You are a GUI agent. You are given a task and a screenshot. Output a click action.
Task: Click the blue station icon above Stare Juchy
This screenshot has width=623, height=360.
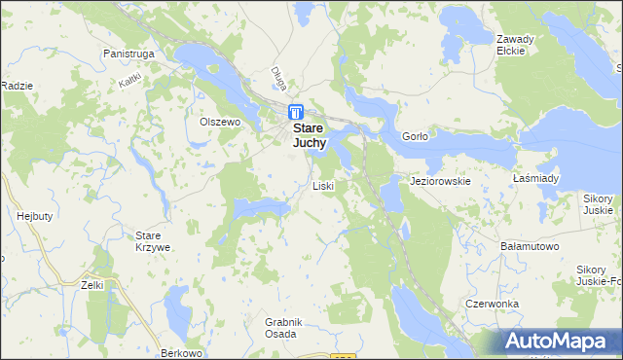[x=295, y=113]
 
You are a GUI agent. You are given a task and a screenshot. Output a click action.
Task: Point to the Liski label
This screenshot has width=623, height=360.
[x=323, y=185]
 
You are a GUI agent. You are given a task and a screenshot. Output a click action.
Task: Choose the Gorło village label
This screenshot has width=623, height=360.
[x=414, y=137]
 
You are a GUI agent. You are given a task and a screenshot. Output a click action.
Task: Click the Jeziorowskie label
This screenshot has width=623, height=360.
[x=441, y=181]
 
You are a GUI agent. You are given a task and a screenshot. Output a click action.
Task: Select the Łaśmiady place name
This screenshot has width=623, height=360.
[x=535, y=179]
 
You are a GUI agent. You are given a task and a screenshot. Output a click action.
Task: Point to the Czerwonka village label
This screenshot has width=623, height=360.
[x=493, y=304]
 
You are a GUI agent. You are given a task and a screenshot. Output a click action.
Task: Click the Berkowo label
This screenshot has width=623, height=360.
[x=185, y=351]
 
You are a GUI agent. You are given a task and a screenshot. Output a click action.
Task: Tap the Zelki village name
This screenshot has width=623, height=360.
[x=93, y=285]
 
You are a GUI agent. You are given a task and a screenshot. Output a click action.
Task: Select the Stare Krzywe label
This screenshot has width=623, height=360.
[x=153, y=241]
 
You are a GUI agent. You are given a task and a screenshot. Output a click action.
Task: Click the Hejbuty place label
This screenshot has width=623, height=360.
[x=34, y=216]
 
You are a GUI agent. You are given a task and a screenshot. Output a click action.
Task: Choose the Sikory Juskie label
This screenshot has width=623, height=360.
[x=598, y=203]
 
